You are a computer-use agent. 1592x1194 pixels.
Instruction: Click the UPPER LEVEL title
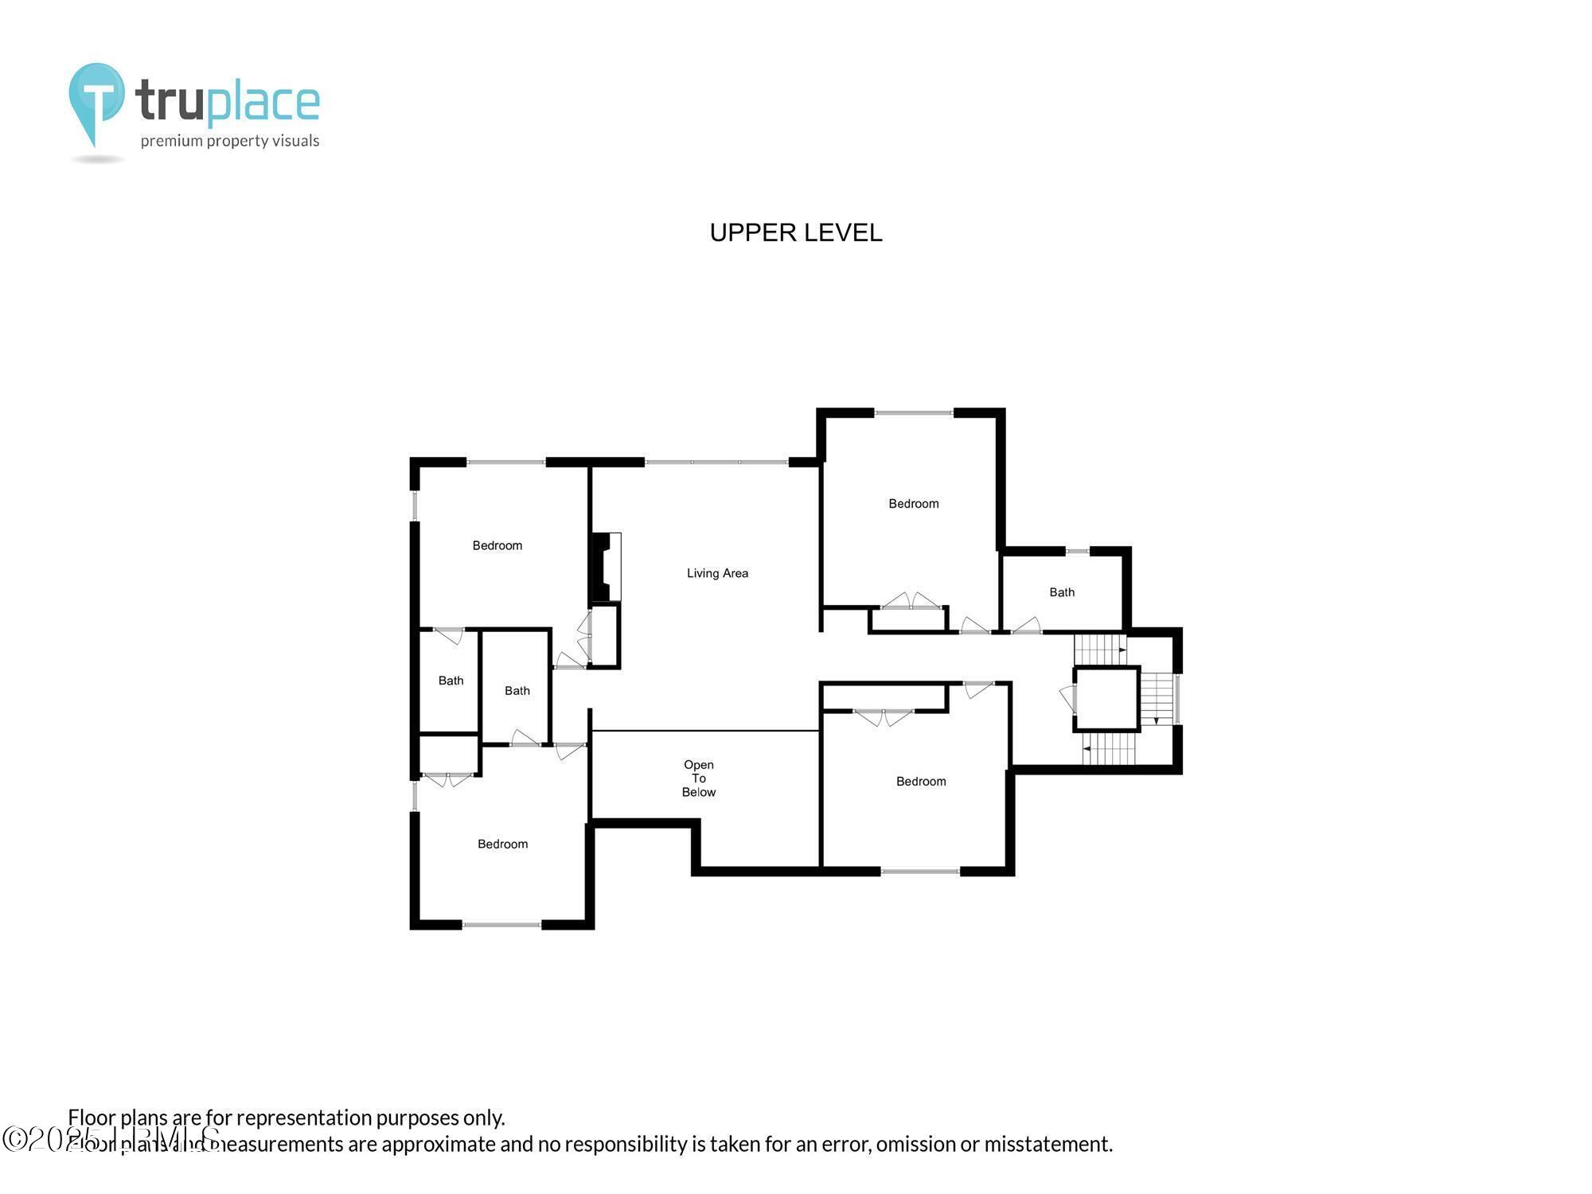click(795, 232)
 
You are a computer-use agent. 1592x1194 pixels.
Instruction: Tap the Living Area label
click(717, 573)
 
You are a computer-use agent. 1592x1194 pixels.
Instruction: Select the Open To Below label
click(698, 778)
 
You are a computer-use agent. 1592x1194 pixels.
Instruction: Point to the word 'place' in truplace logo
click(263, 103)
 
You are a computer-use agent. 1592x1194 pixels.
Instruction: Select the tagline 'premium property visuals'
click(229, 142)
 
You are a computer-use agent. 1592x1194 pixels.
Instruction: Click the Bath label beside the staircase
click(1061, 592)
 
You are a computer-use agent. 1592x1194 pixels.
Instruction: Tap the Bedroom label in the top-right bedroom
click(913, 504)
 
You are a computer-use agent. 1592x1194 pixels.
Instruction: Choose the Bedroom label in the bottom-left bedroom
click(502, 844)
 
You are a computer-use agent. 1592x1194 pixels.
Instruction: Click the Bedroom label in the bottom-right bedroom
click(921, 782)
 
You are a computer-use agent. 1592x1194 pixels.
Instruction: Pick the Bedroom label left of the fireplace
click(497, 545)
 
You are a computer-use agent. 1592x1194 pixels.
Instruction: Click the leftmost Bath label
click(451, 681)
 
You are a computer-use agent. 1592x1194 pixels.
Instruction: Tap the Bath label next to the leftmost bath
click(517, 691)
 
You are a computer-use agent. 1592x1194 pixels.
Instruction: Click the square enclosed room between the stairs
click(1106, 699)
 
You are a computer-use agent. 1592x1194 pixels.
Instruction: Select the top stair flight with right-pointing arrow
click(1099, 649)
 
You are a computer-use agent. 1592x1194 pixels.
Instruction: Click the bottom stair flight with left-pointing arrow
click(1109, 748)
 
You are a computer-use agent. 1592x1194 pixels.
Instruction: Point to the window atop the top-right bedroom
click(913, 413)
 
